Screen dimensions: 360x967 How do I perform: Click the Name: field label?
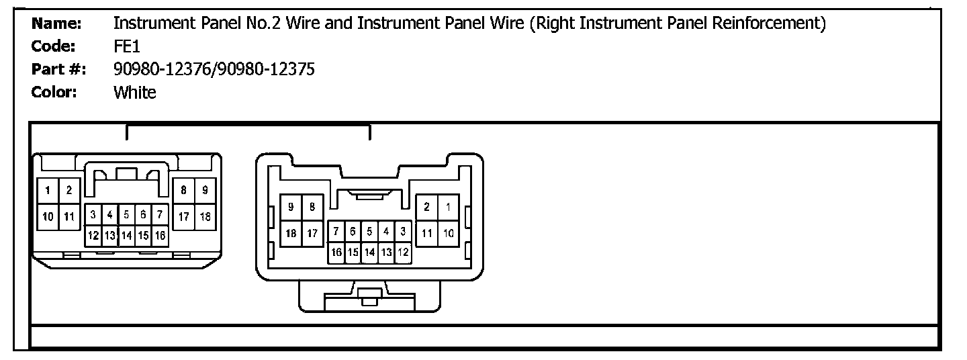[56, 24]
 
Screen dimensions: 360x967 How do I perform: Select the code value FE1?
[126, 47]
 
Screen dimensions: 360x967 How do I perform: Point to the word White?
[134, 93]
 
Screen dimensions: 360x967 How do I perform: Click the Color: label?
[54, 93]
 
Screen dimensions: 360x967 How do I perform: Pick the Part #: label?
[59, 69]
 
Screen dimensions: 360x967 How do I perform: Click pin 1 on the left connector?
[48, 191]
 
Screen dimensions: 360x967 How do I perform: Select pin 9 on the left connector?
[205, 191]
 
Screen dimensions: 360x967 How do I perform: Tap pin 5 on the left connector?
[126, 216]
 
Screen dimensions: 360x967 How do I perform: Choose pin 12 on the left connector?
[93, 236]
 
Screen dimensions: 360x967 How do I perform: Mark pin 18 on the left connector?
[205, 216]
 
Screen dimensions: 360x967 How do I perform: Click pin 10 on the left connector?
[48, 216]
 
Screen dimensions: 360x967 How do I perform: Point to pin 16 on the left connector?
[160, 236]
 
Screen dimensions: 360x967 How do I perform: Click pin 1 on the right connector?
[449, 208]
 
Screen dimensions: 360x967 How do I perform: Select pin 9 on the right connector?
[291, 208]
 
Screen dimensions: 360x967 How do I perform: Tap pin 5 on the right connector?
[370, 232]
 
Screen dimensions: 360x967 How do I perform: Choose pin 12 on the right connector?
[403, 253]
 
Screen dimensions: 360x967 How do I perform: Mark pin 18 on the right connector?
[291, 233]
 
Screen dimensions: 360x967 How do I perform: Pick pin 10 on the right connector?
[449, 233]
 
